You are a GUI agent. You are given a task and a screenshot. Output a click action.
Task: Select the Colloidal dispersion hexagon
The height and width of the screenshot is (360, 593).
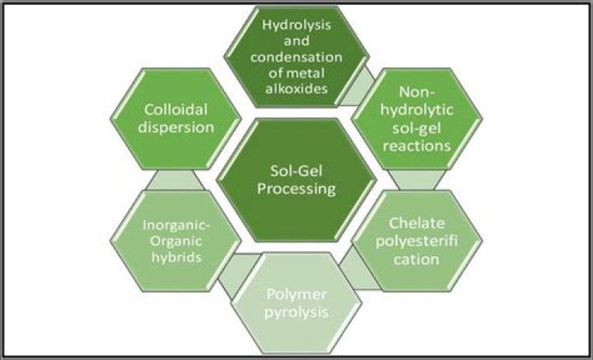[x=180, y=119]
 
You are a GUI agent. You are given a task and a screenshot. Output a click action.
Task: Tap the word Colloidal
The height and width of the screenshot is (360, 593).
[x=180, y=110]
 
